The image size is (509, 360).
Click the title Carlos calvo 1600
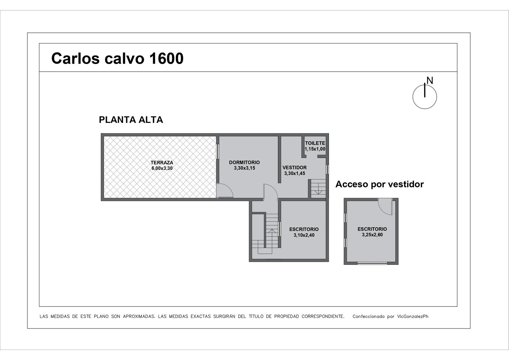coord(117,58)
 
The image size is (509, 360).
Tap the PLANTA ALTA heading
coord(131,120)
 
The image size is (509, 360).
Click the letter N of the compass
coord(430,80)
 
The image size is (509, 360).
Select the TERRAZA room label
coord(162,163)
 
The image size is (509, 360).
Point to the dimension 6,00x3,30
coord(162,168)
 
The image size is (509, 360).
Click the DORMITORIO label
coord(244,162)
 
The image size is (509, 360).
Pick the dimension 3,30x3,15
coord(245,168)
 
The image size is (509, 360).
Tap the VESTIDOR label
coord(295,168)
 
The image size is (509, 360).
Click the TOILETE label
coord(315,143)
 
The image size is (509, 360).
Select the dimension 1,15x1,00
coord(315,149)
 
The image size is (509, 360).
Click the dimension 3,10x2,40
coord(304,235)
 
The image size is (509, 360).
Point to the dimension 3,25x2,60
coord(372,235)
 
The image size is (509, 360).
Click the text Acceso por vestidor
coord(380,184)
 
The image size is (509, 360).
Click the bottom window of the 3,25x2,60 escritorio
coord(372,263)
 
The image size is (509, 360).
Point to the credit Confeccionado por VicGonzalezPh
coord(390,316)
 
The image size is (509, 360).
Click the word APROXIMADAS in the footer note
coord(139,316)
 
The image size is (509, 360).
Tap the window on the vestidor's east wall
coord(327,169)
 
